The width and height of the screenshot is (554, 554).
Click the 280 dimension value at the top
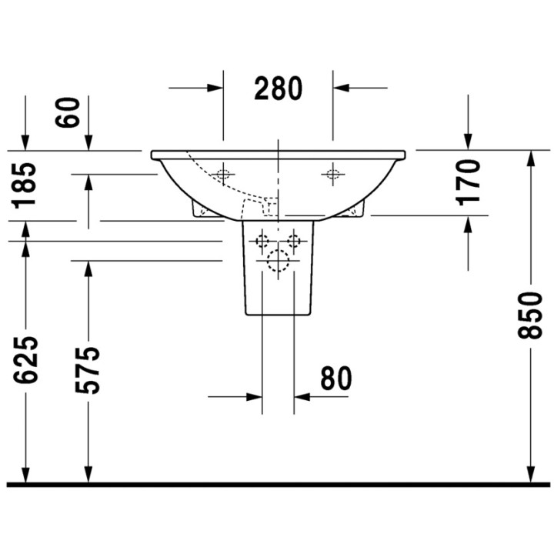(x=279, y=89)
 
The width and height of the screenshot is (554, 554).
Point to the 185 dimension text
(x=27, y=185)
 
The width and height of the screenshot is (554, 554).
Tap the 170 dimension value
(x=468, y=182)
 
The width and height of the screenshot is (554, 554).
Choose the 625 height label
(x=26, y=360)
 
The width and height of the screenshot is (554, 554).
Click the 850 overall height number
(x=529, y=315)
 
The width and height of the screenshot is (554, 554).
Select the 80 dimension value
(x=335, y=379)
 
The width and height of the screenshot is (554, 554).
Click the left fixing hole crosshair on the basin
(x=223, y=174)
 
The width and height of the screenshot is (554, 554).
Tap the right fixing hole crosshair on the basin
(x=332, y=174)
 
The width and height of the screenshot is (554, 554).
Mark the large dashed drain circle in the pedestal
(x=277, y=262)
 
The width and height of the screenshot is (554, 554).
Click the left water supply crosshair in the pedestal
(x=262, y=241)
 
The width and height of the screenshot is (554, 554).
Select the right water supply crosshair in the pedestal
(x=293, y=241)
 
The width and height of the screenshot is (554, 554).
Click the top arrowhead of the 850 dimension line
(x=530, y=157)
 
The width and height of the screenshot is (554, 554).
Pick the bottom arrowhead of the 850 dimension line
(x=530, y=476)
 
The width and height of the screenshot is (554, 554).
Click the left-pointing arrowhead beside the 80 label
(x=302, y=397)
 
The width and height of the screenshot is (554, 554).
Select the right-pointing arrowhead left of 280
(x=216, y=88)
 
